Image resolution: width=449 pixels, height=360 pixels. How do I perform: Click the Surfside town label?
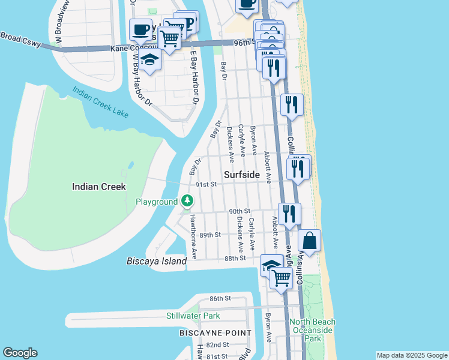point(242,175)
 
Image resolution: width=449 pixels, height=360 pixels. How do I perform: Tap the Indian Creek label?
point(99,187)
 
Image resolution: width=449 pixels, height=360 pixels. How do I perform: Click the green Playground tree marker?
point(188,200)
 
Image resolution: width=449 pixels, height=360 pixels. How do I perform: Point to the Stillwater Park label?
point(193,316)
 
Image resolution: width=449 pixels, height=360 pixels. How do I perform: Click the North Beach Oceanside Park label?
point(312,330)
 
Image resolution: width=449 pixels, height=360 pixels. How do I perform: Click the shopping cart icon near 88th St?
point(281,277)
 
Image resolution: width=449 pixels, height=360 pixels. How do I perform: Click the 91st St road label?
point(205,185)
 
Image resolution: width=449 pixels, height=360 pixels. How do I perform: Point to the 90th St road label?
point(239,211)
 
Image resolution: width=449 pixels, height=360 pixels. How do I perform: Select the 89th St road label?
point(210,235)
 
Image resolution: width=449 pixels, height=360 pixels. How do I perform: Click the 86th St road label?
point(220,298)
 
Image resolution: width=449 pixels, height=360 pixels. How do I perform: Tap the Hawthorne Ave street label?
point(193,238)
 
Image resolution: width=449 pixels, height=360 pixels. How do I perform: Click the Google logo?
point(20,353)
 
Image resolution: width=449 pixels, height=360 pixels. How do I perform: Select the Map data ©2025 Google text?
point(412,355)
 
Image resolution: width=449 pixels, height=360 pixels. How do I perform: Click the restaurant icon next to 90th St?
point(290,213)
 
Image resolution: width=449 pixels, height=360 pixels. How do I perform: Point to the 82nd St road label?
point(217,345)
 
